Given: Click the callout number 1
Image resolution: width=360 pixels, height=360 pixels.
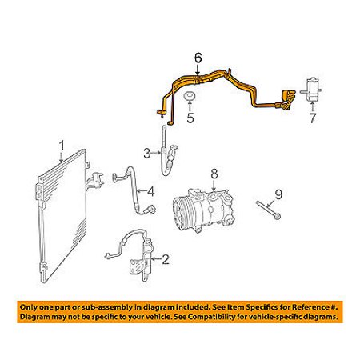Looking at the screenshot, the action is [62, 146].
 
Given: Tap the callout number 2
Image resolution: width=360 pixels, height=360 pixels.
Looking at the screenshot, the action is [166, 259].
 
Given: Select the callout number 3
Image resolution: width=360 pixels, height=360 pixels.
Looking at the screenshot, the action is [147, 154].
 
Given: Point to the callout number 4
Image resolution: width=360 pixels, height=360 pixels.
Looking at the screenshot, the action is [151, 191].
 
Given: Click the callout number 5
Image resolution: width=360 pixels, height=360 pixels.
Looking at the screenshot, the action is [190, 118].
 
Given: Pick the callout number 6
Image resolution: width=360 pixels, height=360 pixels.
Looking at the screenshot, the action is [198, 58].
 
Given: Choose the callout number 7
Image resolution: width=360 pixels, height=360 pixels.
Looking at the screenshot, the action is [312, 118].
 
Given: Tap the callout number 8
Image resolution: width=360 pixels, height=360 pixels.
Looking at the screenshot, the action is [214, 174].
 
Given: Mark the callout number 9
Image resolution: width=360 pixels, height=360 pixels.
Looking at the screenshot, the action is [278, 194].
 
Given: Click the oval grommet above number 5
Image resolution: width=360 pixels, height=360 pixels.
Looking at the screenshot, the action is [190, 96].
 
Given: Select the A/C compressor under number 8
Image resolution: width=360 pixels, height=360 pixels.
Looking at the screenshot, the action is [201, 210].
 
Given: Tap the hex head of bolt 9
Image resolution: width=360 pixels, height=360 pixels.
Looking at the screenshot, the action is [278, 216].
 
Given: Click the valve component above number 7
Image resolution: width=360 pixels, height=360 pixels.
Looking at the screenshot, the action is [311, 90].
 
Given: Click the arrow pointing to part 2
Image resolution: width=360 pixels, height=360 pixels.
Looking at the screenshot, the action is [156, 259].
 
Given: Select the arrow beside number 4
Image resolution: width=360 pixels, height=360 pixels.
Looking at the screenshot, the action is [142, 191].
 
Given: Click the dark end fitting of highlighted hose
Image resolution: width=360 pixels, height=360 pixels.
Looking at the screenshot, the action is [289, 95].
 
